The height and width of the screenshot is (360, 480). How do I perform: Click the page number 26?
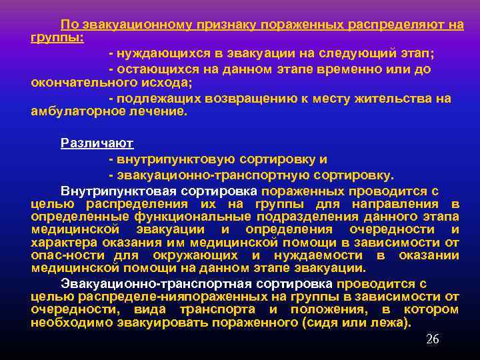pos(433,339)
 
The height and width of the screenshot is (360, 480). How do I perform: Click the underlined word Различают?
pos(97,142)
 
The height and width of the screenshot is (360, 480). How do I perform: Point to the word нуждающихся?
pos(156,52)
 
